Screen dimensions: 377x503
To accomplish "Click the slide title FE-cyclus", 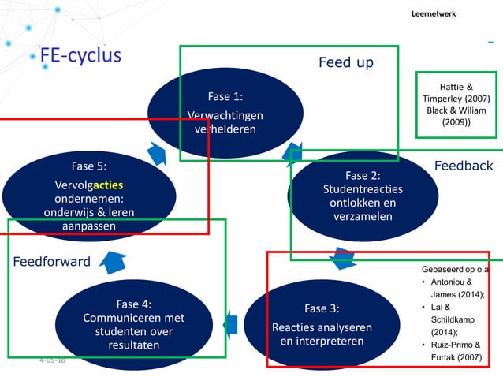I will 80,55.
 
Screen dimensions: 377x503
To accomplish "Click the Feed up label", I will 345,62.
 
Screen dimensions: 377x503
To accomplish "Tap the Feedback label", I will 463,166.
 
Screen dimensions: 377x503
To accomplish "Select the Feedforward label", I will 51,261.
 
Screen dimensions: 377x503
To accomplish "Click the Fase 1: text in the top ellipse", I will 225,96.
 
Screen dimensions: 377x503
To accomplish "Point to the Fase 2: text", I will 363,175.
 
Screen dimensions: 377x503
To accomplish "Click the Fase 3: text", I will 322,308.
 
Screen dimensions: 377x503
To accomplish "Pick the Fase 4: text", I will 133,304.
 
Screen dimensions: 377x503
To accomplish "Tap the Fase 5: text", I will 88,166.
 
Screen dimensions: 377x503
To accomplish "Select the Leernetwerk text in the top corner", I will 433,14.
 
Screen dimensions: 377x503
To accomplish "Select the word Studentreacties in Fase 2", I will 363,188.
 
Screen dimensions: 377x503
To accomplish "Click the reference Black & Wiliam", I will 456,110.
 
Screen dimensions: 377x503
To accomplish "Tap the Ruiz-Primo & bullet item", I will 456,345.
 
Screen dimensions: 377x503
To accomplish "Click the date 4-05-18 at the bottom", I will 52,360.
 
